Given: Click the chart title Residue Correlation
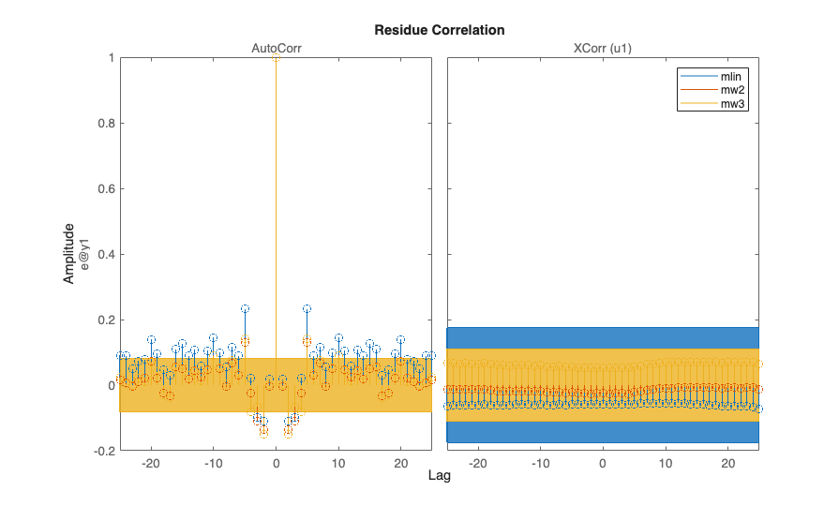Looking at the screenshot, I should (440, 30).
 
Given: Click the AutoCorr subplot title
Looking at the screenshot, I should (276, 47).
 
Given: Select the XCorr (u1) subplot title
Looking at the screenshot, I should (602, 47).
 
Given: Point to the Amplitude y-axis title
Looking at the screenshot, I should (69, 254).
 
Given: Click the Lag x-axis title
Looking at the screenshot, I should (440, 476).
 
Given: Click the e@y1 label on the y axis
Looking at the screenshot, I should (84, 254).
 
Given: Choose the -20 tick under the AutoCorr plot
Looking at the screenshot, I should (150, 462).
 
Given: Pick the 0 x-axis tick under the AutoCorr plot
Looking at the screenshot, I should (276, 462).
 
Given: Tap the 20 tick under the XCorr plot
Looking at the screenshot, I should (728, 462).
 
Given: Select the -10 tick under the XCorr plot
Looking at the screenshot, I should (539, 462).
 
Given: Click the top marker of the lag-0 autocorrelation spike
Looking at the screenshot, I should (276, 58).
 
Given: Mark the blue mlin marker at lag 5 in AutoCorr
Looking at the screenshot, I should (307, 308).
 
